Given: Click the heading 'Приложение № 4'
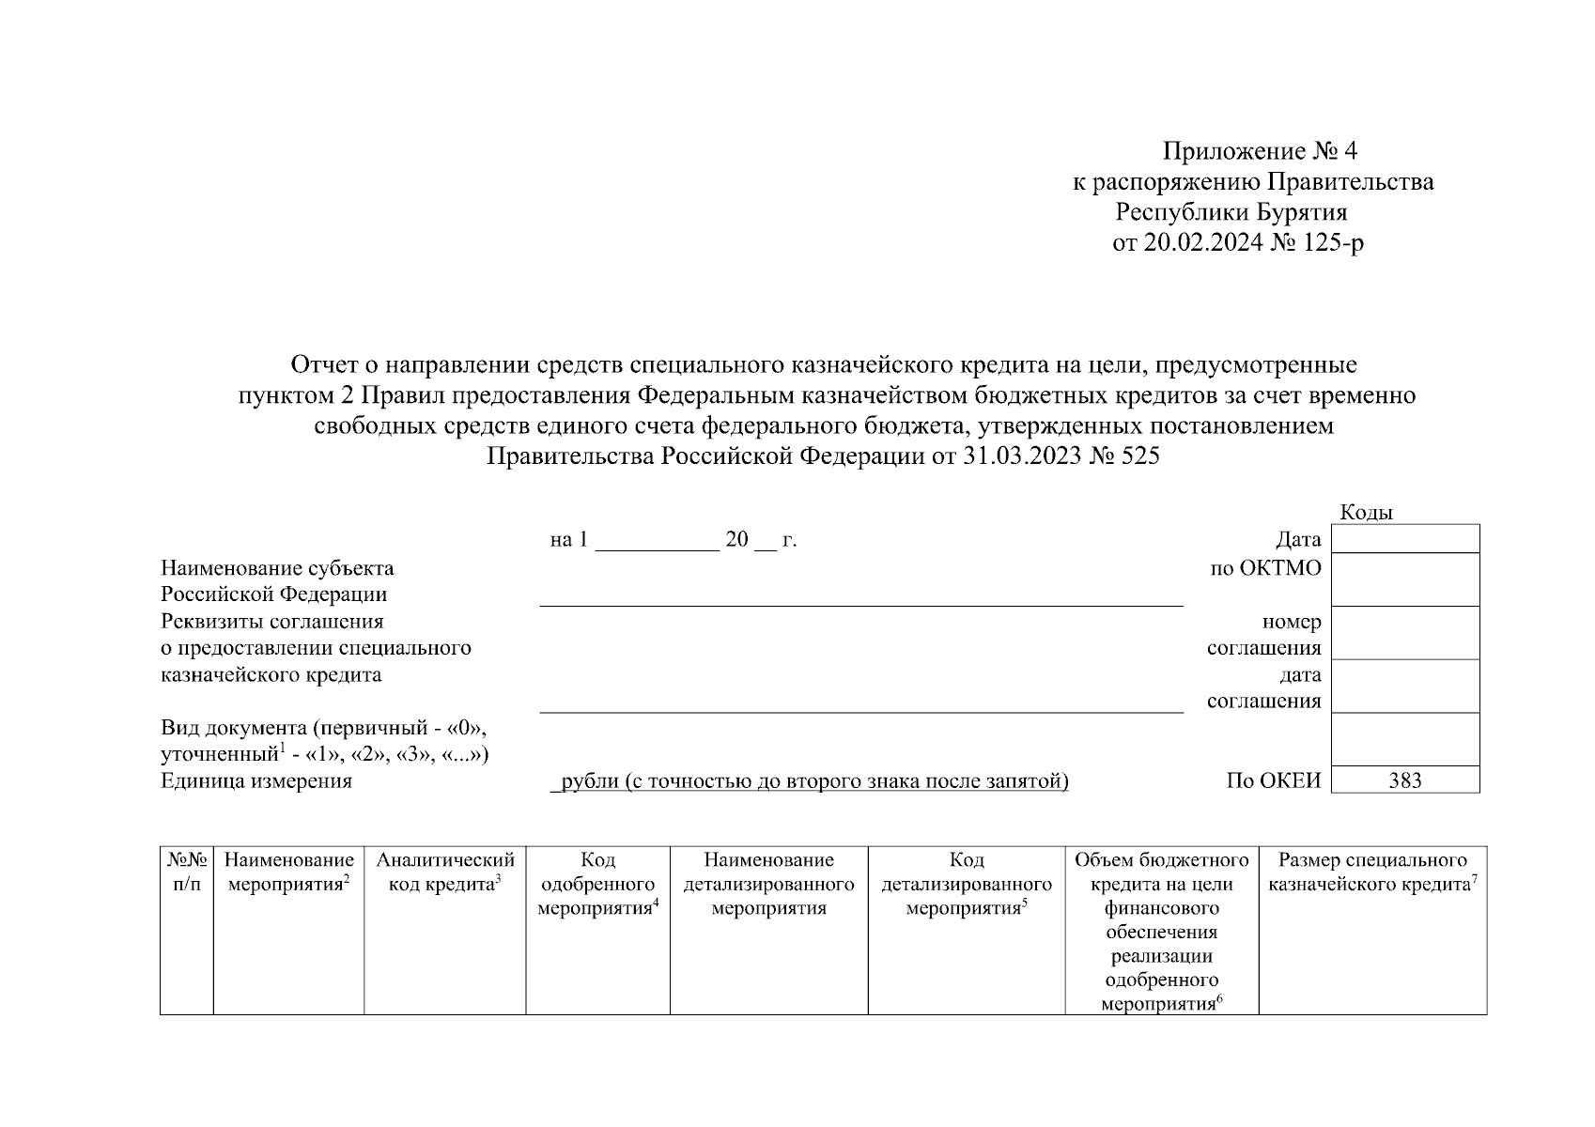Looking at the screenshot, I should [1260, 151].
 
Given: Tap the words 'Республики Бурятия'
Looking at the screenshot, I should [1231, 212].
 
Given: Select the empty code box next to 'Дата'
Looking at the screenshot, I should [1404, 539].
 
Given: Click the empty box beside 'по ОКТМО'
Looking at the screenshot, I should [1404, 579].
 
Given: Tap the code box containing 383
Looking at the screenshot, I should [1404, 780].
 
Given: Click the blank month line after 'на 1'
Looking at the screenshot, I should [657, 541].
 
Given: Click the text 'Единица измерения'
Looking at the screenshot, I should [256, 781].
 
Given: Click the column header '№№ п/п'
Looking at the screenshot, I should [187, 872].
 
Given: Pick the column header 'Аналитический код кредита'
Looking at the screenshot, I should [445, 872].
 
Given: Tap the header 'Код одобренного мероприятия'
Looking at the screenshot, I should [597, 884].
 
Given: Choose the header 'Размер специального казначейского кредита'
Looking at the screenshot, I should [1372, 872].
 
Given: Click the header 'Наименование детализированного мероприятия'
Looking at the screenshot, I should [768, 884].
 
